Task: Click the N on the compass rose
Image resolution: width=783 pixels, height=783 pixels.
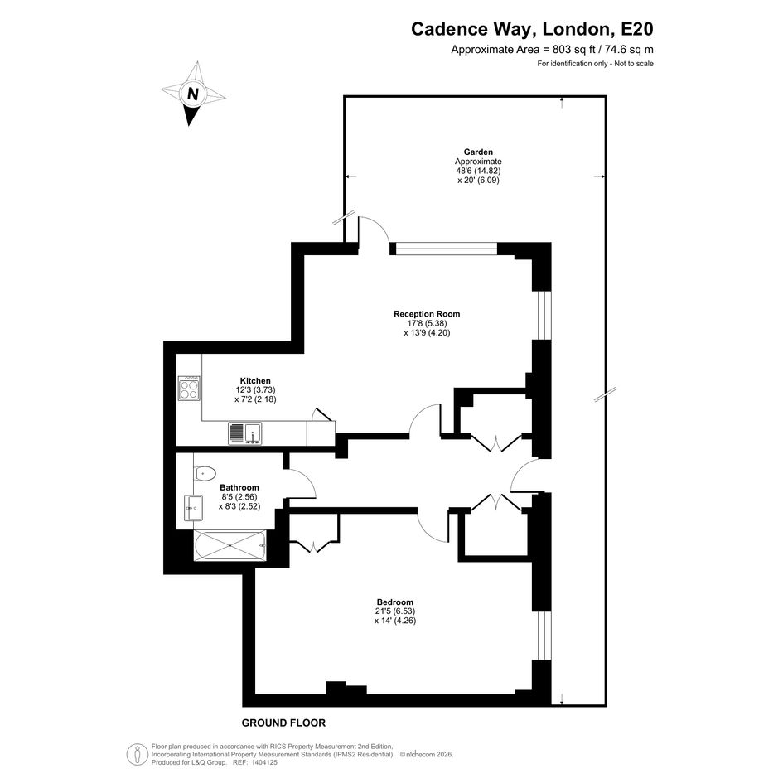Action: [x=193, y=94]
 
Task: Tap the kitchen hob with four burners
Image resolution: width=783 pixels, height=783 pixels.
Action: [x=189, y=388]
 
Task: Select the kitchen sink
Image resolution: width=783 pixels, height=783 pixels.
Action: [x=244, y=433]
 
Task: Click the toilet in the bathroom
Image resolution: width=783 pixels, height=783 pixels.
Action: [x=205, y=473]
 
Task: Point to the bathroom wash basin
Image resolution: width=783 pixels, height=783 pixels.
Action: [x=193, y=507]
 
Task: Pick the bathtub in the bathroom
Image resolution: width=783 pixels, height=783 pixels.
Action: [x=230, y=546]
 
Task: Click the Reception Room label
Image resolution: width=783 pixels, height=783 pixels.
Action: [x=427, y=313]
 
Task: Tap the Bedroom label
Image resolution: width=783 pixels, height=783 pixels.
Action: [x=395, y=602]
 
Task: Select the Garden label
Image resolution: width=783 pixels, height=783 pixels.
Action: [x=478, y=152]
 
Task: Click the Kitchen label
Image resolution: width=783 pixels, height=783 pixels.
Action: [x=255, y=380]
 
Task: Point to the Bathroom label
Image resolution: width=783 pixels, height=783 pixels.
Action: [x=239, y=487]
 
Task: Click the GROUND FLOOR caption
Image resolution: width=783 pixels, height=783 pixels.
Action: [x=283, y=723]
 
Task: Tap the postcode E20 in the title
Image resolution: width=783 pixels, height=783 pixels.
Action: [x=636, y=29]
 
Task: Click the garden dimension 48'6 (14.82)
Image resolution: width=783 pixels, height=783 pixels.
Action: [x=478, y=171]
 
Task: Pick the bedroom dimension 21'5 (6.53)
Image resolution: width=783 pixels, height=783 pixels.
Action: [x=395, y=611]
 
